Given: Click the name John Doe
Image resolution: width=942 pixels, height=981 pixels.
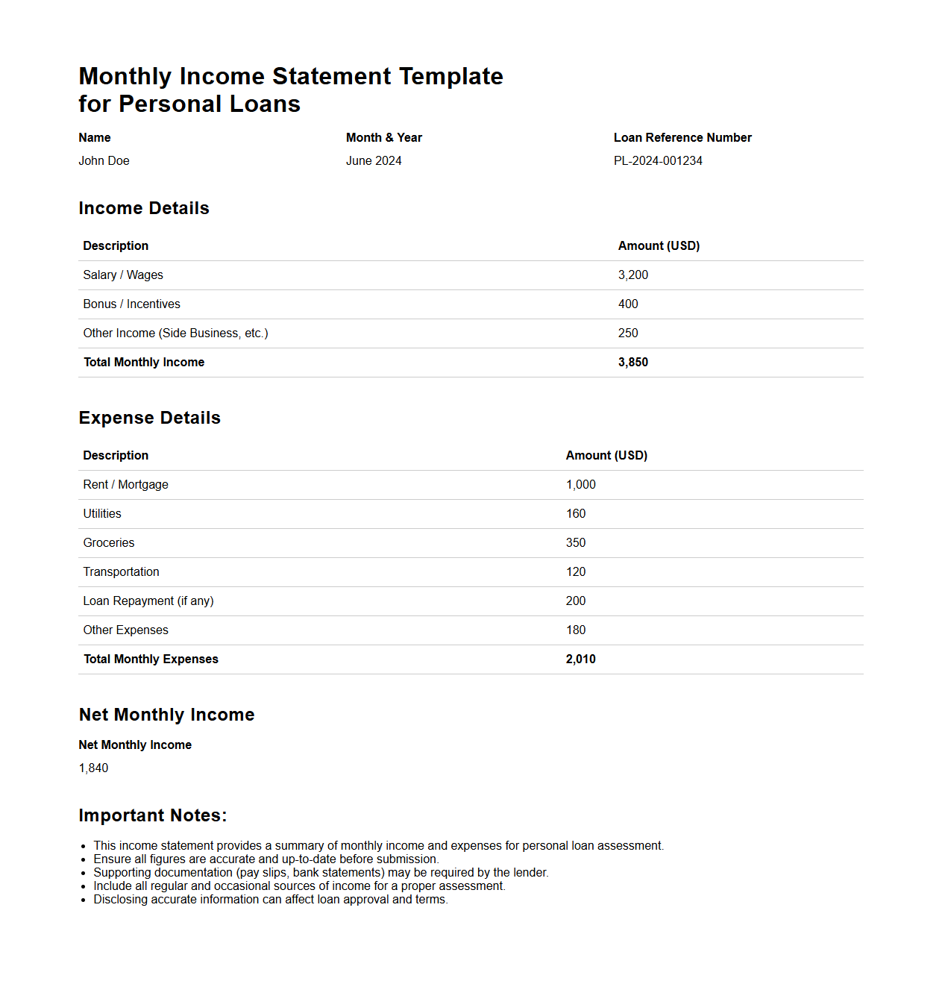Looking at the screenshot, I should [x=104, y=161].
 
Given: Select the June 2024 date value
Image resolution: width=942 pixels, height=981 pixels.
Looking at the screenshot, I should [x=374, y=161].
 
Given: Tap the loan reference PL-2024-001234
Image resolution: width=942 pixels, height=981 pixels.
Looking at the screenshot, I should [x=658, y=161].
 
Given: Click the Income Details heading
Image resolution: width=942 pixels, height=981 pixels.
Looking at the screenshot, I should [x=144, y=208].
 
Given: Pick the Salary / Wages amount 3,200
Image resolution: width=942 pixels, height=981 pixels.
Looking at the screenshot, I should [x=633, y=275].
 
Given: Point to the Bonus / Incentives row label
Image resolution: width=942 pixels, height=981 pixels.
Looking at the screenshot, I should [x=132, y=304].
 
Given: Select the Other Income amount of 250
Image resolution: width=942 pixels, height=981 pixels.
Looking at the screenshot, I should [x=628, y=333].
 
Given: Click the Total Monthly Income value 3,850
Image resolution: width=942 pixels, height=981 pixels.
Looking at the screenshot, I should [x=633, y=363].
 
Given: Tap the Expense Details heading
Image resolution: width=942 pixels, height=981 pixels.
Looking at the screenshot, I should [x=150, y=418].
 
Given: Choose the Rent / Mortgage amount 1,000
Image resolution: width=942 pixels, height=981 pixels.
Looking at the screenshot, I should [x=581, y=485].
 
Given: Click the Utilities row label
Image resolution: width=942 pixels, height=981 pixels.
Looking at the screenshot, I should [x=102, y=514].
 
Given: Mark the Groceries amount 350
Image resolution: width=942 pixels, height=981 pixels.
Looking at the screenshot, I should [x=576, y=543].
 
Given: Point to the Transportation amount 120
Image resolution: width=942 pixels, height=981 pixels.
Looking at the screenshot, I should [x=576, y=572].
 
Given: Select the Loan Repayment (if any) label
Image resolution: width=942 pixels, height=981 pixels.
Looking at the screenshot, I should [x=148, y=601].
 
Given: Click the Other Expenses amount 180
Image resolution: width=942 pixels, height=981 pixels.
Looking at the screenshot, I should [x=576, y=630].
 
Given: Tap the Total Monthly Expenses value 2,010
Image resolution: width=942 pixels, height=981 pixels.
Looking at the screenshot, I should [x=581, y=659].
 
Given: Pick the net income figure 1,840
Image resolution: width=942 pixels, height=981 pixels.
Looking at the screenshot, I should [x=94, y=768].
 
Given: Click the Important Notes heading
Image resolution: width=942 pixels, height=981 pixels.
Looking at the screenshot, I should [x=153, y=815].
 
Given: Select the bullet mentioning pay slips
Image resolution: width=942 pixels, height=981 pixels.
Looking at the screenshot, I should [x=321, y=873].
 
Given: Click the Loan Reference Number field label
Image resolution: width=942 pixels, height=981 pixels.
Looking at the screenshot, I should [x=682, y=138].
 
